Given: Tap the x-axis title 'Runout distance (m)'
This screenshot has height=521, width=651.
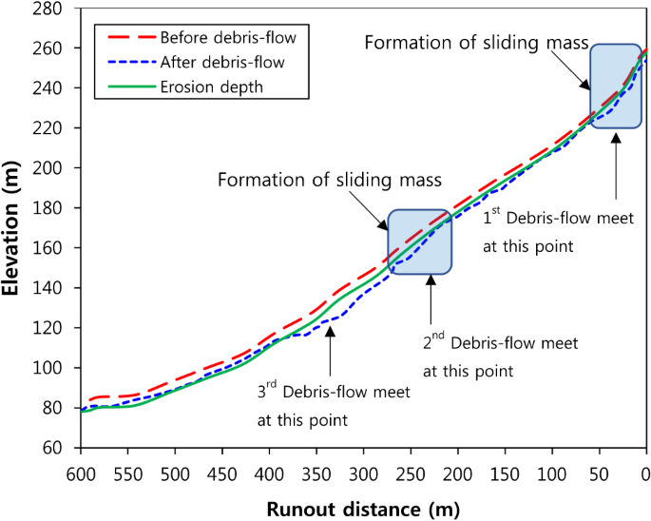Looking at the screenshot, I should click(364, 509).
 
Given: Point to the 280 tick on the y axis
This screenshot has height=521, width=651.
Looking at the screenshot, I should click(50, 9).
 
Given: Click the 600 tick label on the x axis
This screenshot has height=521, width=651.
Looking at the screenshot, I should click(81, 473).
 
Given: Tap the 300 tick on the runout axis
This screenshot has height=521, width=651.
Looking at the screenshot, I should click(364, 473).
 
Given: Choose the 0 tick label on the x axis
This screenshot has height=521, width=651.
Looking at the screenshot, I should click(646, 473).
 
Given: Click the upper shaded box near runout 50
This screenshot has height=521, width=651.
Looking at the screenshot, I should click(616, 86).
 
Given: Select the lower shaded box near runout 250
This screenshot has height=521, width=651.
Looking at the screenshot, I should click(419, 241).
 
